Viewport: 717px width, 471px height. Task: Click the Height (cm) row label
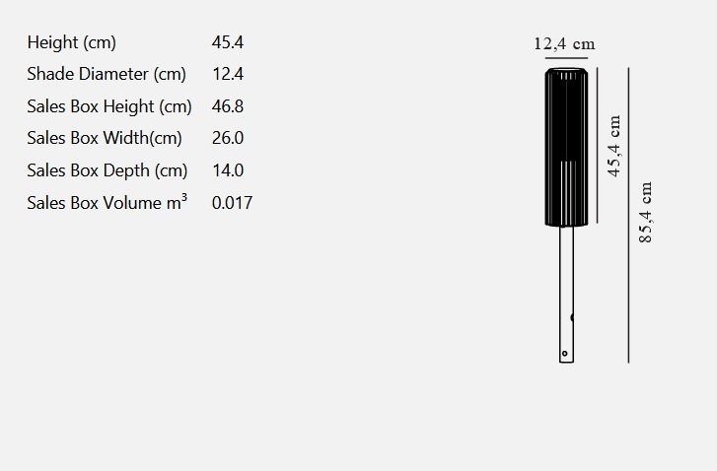coord(71,43)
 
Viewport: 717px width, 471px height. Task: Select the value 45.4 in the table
coord(228,42)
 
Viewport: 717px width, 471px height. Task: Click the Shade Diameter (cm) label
coord(107,75)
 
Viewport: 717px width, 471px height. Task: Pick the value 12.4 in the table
coord(228,74)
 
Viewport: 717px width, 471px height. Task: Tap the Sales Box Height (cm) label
coord(109,106)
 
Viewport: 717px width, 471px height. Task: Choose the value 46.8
coord(228,106)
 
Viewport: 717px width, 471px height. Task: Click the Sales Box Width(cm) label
coord(105,138)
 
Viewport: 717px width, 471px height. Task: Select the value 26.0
coord(228,138)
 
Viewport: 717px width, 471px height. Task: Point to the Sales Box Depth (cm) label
coord(107,170)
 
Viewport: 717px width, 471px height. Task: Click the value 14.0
coord(228,170)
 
